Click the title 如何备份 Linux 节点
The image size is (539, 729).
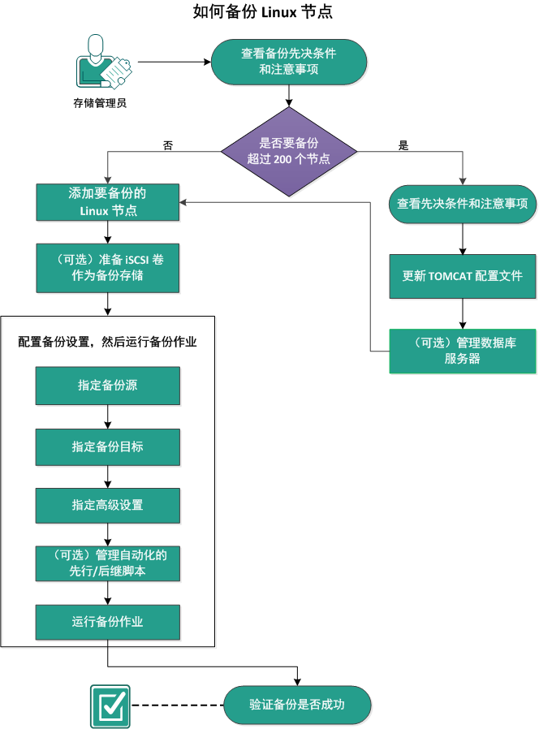(x=263, y=13)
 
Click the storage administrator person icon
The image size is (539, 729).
(x=100, y=63)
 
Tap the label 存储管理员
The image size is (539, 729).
(x=100, y=103)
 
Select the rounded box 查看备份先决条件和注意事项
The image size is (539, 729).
(x=289, y=62)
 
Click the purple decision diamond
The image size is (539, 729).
(x=289, y=151)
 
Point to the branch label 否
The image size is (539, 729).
(x=168, y=146)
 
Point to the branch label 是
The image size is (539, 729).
(x=403, y=146)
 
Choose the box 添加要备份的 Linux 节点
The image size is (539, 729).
(x=107, y=202)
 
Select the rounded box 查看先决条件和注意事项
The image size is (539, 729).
(x=462, y=204)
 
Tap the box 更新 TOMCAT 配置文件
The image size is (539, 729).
(x=462, y=276)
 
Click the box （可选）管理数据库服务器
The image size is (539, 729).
(x=462, y=351)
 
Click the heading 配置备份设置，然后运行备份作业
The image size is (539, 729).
(x=107, y=343)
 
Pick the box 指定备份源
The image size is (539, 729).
(x=107, y=386)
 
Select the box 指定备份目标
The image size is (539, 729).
(x=107, y=446)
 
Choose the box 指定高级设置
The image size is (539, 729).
(x=107, y=505)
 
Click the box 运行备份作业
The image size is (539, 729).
(x=107, y=622)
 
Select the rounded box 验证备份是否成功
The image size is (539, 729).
(x=296, y=704)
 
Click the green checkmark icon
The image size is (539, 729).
(x=109, y=705)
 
